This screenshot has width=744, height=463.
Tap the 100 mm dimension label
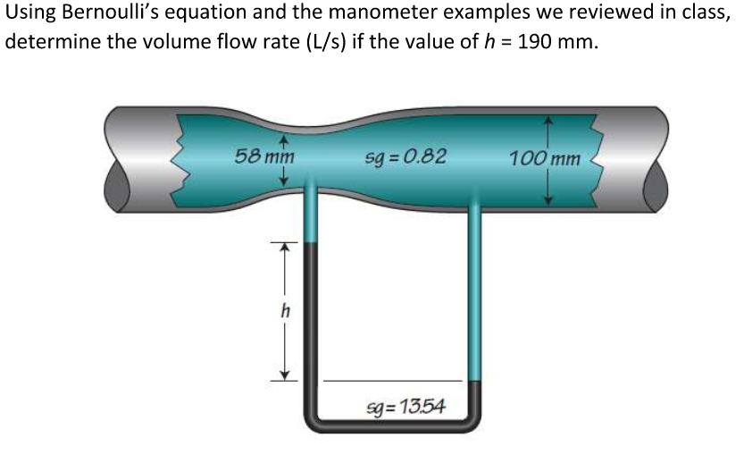pos(545,159)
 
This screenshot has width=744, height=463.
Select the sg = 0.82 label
pos(406,158)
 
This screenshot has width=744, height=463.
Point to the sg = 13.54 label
pos(406,408)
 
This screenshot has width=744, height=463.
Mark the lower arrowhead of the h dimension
pos(283,375)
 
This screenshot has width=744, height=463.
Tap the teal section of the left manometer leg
pos(310,219)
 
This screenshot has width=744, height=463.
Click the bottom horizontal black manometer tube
pos(393,427)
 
